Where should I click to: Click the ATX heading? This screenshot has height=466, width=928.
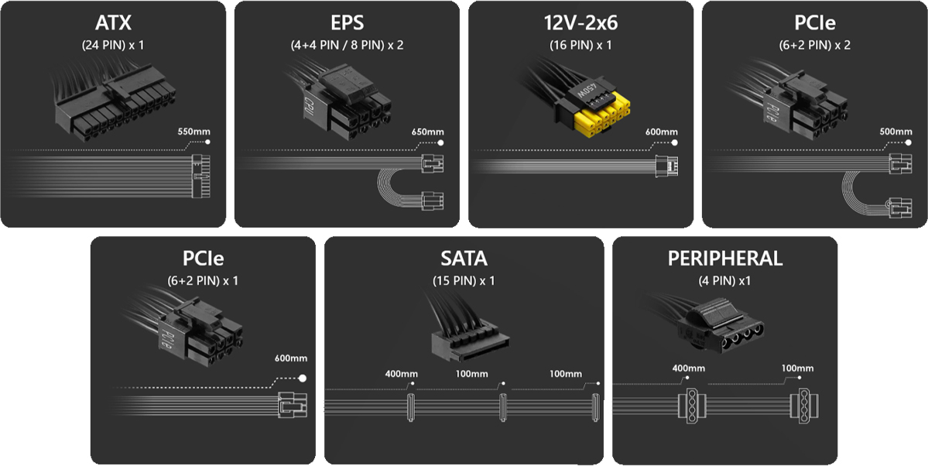click(x=113, y=22)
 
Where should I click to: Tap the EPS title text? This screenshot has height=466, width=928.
click(x=347, y=22)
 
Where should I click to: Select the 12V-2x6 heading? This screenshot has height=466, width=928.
click(x=580, y=22)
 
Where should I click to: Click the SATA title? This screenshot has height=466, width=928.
click(x=464, y=259)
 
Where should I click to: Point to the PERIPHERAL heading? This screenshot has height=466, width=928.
click(x=725, y=259)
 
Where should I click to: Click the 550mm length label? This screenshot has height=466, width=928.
click(x=193, y=132)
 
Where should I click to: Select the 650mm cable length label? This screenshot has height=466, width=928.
click(x=427, y=132)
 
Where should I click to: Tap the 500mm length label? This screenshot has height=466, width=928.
click(x=895, y=132)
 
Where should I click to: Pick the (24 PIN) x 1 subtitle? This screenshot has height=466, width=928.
click(x=113, y=45)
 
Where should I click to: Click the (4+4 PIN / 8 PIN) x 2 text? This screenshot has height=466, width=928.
click(x=347, y=45)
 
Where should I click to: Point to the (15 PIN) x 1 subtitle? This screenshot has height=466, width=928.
click(x=464, y=281)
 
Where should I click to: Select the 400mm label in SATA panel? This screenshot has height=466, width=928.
click(x=401, y=374)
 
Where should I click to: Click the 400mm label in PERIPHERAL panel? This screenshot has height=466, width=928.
click(x=688, y=368)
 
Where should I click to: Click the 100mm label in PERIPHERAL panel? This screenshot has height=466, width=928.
click(x=797, y=368)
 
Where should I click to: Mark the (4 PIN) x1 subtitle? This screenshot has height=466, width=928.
click(x=725, y=281)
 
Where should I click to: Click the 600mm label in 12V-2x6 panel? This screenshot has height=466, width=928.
click(x=661, y=132)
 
